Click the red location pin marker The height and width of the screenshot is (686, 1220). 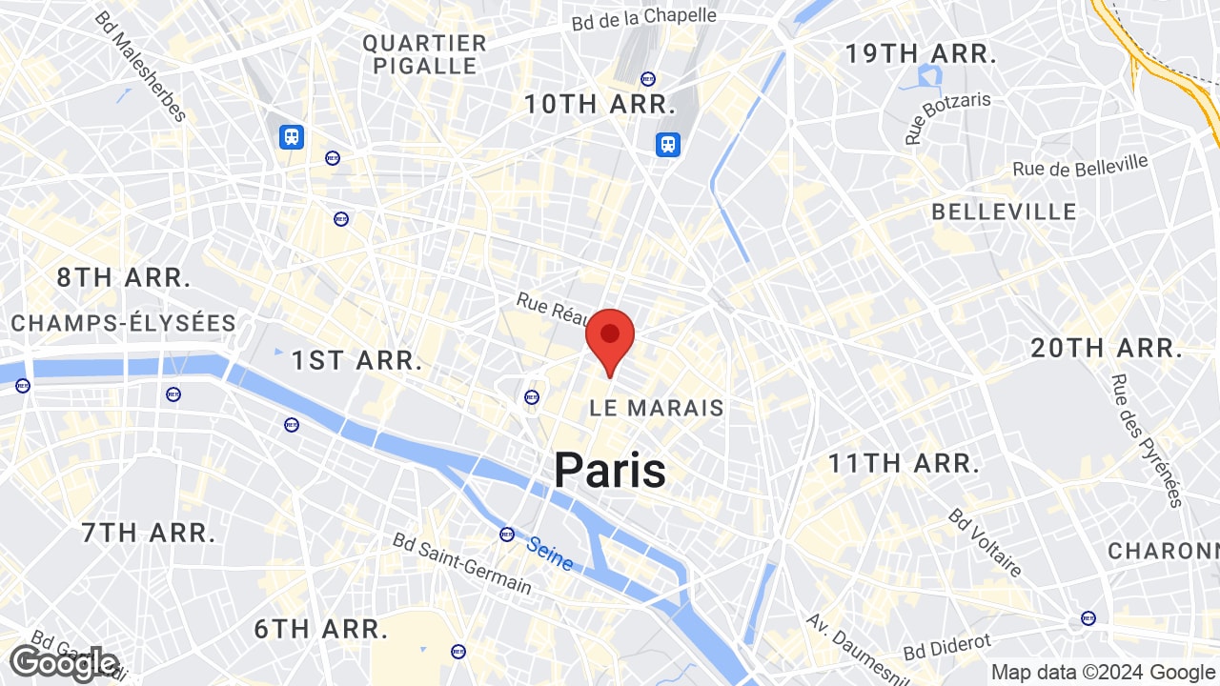(610, 338)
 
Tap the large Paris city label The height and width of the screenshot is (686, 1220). (610, 470)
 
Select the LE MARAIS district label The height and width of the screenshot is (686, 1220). (657, 408)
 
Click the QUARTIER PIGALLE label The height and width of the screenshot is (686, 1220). (425, 54)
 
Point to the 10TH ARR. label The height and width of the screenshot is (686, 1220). (600, 104)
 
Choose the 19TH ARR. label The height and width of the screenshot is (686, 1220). (921, 53)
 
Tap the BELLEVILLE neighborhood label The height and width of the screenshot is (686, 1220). (1004, 212)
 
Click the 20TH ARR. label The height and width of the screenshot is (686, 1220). (1107, 348)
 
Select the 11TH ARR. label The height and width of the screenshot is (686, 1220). (904, 464)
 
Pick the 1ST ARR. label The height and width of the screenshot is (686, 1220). (356, 360)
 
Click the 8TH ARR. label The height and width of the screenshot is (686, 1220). (124, 278)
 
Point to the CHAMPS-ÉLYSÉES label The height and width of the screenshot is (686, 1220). (124, 323)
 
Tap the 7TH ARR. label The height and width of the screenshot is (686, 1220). (149, 533)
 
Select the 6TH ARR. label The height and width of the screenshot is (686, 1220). (321, 629)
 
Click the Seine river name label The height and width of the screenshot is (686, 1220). (550, 554)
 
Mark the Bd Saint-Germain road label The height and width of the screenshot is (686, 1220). (462, 563)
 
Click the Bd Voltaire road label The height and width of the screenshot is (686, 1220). (985, 542)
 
